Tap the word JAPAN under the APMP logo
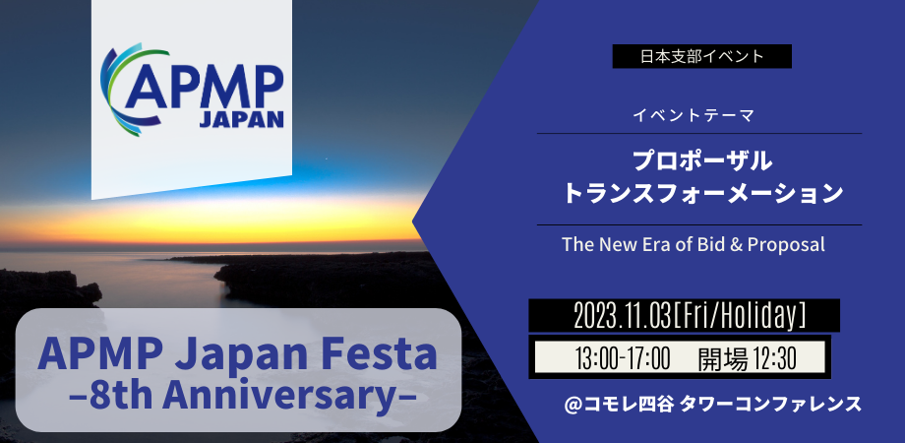coord(241,119)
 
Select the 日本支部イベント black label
coord(701,56)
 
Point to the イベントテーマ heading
coord(694,116)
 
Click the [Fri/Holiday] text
coord(740,315)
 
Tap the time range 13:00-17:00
coord(621,356)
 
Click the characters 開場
coord(717,356)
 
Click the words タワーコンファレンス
coord(777,404)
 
